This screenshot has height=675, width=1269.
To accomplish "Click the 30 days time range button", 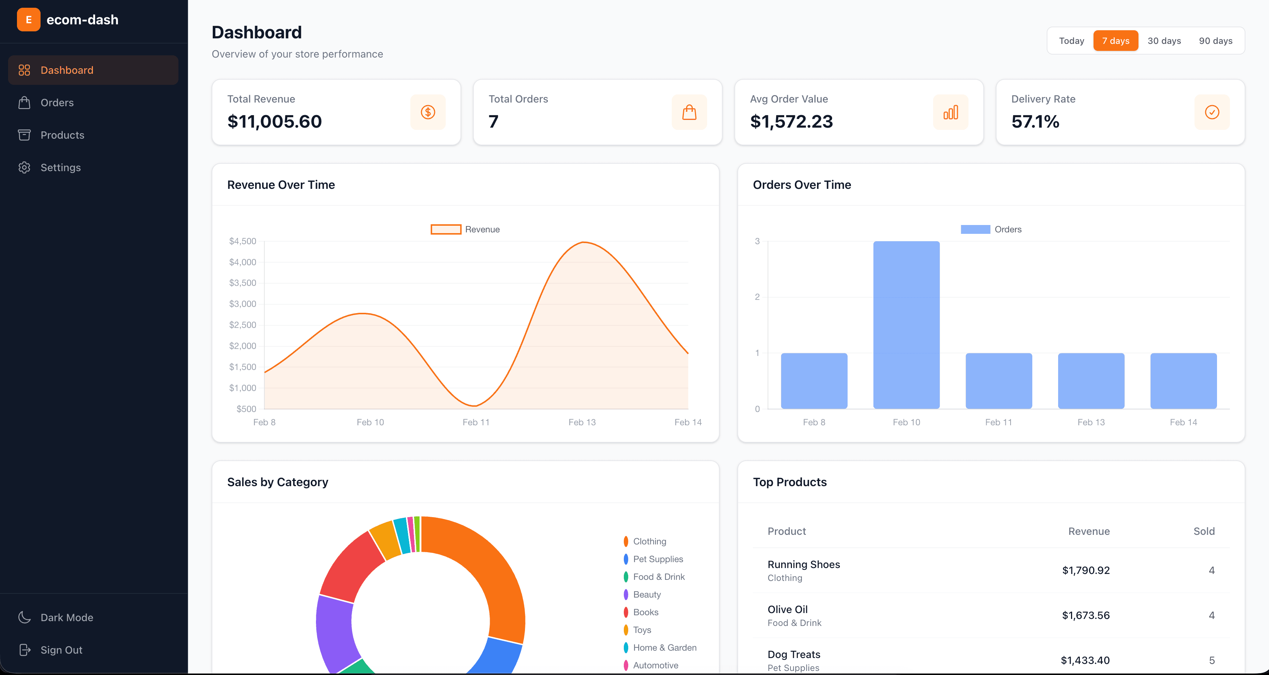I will click(1164, 41).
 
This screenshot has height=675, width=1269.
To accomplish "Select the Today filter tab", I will click(1071, 41).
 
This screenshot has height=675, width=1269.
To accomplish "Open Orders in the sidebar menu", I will click(57, 103).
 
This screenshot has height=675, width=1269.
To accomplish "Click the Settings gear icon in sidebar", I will click(24, 167).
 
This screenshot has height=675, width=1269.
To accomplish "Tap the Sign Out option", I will click(61, 650).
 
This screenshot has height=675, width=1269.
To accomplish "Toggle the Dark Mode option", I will click(66, 617).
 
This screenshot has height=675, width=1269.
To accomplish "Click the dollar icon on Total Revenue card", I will click(428, 112).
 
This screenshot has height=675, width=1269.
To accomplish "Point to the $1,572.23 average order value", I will click(791, 122).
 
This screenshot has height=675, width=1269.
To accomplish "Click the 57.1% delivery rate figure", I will click(1035, 122).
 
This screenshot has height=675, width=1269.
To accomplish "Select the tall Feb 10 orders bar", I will click(906, 325).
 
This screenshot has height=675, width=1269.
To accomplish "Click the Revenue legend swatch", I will click(445, 229).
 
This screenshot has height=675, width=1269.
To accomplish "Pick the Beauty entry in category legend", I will click(646, 595).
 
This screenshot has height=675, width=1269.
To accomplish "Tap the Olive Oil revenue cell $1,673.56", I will click(1085, 615).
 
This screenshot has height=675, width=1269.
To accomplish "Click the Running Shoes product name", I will click(803, 565).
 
